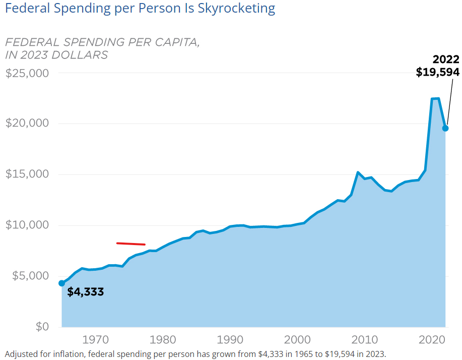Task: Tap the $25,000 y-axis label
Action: coord(27,73)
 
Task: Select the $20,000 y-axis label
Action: coord(27,124)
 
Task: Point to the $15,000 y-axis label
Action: coord(27,174)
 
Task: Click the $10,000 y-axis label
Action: coord(27,225)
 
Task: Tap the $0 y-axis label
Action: coord(42,327)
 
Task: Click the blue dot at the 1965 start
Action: coord(62,283)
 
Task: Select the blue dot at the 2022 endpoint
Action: coord(445,128)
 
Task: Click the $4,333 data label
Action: coord(85,291)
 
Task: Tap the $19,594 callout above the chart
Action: coord(437,72)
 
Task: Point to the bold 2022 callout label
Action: coord(446,59)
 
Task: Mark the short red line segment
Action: coord(131,244)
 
